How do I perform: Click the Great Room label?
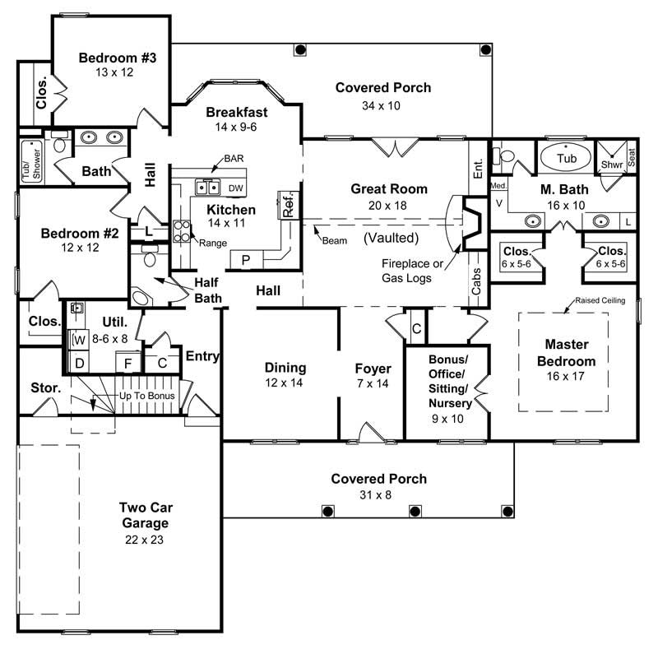tap(389, 188)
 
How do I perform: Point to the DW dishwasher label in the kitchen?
tap(235, 188)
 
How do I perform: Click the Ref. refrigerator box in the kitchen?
tap(288, 204)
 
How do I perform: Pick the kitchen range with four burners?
tap(182, 230)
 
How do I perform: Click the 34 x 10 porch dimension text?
tap(382, 105)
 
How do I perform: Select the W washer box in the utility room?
tap(80, 338)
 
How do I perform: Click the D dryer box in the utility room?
tap(80, 362)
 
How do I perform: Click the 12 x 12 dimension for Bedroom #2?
tap(80, 248)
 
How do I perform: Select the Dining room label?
tap(285, 368)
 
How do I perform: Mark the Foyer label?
tap(373, 368)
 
